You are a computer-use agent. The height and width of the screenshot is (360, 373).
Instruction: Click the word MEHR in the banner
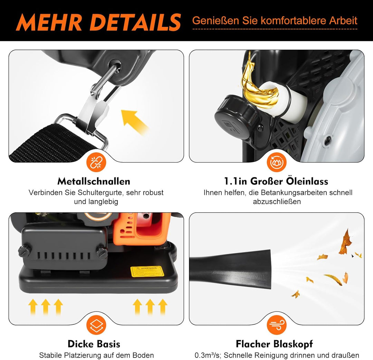(x=49, y=22)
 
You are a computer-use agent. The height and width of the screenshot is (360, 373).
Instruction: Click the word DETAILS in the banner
(x=135, y=22)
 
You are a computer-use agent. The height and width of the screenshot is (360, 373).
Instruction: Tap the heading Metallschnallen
(x=94, y=181)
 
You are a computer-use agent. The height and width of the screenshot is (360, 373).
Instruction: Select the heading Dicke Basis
(x=94, y=344)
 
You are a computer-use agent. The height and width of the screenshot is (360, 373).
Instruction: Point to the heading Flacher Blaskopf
(x=274, y=344)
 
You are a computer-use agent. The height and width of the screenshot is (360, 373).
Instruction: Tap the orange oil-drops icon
(x=276, y=162)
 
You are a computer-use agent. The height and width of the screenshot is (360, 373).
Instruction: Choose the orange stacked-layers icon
(x=96, y=325)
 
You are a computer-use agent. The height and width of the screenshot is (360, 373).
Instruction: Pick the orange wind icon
(x=276, y=325)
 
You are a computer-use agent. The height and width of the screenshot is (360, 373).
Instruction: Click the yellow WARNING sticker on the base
(x=147, y=271)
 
